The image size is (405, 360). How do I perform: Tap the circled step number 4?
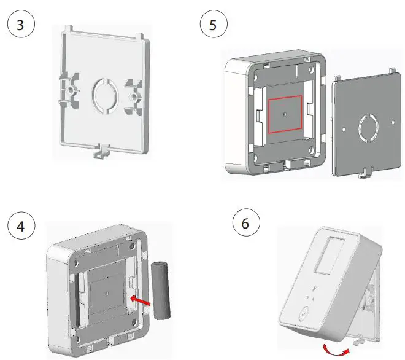(20, 226)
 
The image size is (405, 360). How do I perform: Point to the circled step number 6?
(246, 223)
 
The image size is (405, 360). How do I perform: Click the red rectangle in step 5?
(284, 114)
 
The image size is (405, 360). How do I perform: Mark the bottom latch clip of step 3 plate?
(100, 151)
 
